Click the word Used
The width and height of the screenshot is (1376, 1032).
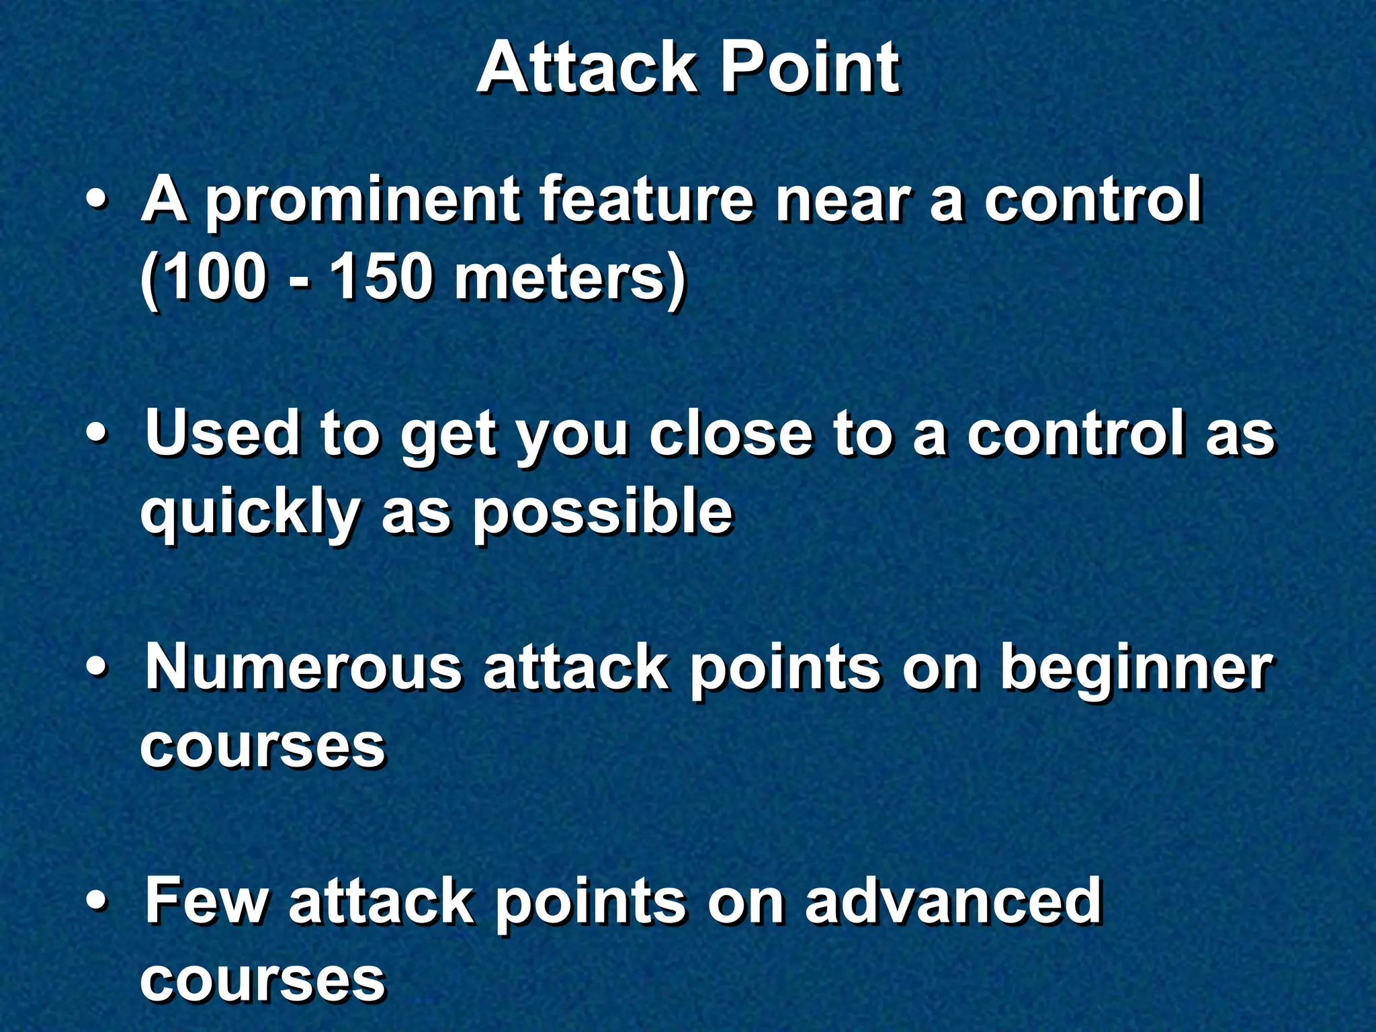(222, 433)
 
